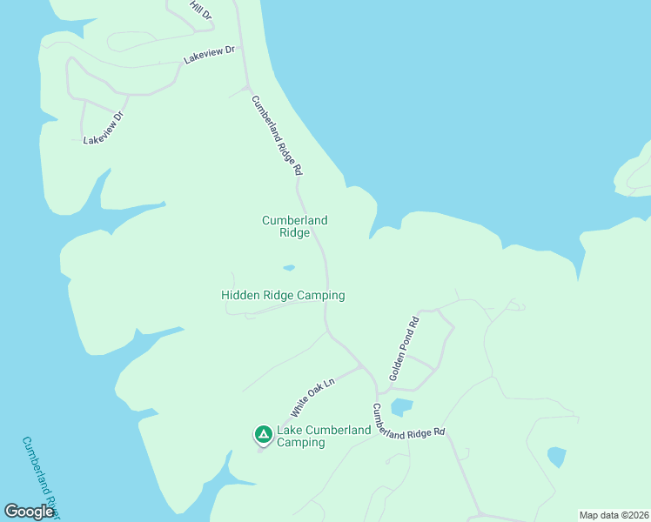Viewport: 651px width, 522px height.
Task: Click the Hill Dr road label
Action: click(201, 10)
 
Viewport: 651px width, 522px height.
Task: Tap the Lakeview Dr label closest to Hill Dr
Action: click(209, 55)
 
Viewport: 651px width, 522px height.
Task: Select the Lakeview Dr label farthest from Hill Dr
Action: click(104, 128)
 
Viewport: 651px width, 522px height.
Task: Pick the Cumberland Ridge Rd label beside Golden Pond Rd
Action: click(408, 422)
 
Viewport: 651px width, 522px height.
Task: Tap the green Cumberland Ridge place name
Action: click(295, 226)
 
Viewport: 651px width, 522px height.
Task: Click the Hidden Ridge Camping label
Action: click(283, 295)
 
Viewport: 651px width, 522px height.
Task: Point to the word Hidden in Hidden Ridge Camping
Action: click(240, 295)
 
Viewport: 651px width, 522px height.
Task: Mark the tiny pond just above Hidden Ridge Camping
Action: click(289, 267)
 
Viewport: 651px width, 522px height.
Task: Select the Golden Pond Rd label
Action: click(404, 348)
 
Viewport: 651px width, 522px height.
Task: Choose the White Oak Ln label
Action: click(312, 397)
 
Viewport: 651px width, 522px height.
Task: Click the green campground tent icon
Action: click(262, 433)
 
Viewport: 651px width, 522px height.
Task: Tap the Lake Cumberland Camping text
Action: click(300, 436)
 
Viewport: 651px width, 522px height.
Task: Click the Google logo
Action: click(29, 512)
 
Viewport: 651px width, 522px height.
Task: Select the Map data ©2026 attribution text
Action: click(613, 515)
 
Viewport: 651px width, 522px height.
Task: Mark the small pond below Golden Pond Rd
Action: click(401, 406)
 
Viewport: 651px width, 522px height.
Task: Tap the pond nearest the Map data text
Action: click(556, 456)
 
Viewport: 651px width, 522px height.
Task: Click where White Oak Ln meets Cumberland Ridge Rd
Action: click(362, 366)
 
